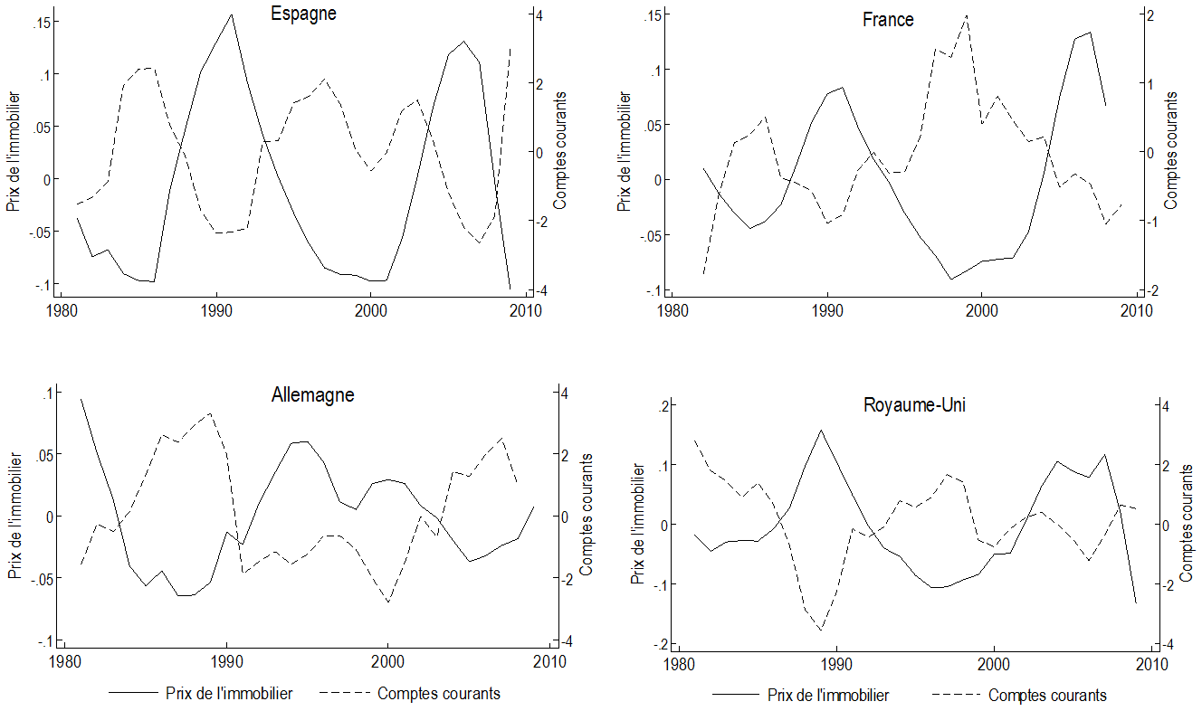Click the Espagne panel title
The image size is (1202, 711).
tap(304, 14)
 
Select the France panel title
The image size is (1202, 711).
tap(888, 19)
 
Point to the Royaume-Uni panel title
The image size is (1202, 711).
tap(915, 405)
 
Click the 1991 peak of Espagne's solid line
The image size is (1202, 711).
tap(232, 14)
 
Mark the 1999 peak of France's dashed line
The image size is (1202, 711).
tap(967, 15)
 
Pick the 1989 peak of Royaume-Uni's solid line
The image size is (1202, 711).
tap(821, 430)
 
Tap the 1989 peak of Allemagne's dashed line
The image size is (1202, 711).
tap(210, 413)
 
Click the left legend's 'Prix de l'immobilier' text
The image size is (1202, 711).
tap(229, 694)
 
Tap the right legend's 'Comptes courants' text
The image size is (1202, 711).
tap(1047, 696)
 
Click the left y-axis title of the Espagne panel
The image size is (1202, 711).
tap(13, 152)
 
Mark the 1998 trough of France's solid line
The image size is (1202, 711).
tap(951, 279)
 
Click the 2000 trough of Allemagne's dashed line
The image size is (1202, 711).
tap(387, 602)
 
